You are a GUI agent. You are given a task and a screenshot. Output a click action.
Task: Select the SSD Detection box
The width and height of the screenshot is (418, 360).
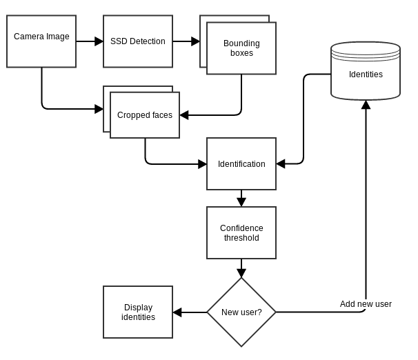138,41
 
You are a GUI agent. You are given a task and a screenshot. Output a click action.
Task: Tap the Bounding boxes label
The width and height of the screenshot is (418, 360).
241,48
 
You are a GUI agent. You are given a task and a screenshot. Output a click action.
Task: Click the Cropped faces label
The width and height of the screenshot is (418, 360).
145,115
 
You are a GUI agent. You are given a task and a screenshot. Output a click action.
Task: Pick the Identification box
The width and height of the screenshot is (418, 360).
241,164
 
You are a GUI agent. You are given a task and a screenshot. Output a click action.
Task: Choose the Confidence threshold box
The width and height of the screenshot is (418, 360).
241,233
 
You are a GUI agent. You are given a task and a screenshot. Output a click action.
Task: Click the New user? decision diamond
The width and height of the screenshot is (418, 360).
241,312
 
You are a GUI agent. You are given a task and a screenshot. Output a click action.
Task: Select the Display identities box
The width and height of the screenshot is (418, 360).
138,312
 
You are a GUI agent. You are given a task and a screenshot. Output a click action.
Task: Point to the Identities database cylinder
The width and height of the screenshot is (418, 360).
366,71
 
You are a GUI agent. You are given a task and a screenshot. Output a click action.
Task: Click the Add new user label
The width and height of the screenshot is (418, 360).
366,304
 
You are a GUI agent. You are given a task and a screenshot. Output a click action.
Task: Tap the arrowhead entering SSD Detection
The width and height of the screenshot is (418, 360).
99,41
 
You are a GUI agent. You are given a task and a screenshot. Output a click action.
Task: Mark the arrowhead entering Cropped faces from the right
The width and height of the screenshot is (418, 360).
184,115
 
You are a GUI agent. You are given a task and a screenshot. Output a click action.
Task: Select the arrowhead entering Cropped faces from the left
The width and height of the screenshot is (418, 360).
99,108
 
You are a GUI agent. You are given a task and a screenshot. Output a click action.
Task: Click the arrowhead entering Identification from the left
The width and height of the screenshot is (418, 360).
202,164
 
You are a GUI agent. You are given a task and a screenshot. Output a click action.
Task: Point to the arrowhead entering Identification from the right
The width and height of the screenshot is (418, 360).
281,164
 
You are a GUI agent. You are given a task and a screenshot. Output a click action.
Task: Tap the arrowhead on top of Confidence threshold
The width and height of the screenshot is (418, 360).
241,202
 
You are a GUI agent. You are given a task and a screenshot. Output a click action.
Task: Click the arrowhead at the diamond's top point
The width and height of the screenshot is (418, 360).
241,272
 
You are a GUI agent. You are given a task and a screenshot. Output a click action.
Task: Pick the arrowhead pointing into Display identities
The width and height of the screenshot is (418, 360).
177,312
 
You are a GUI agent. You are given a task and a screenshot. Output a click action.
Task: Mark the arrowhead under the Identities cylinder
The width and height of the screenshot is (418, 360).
366,105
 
